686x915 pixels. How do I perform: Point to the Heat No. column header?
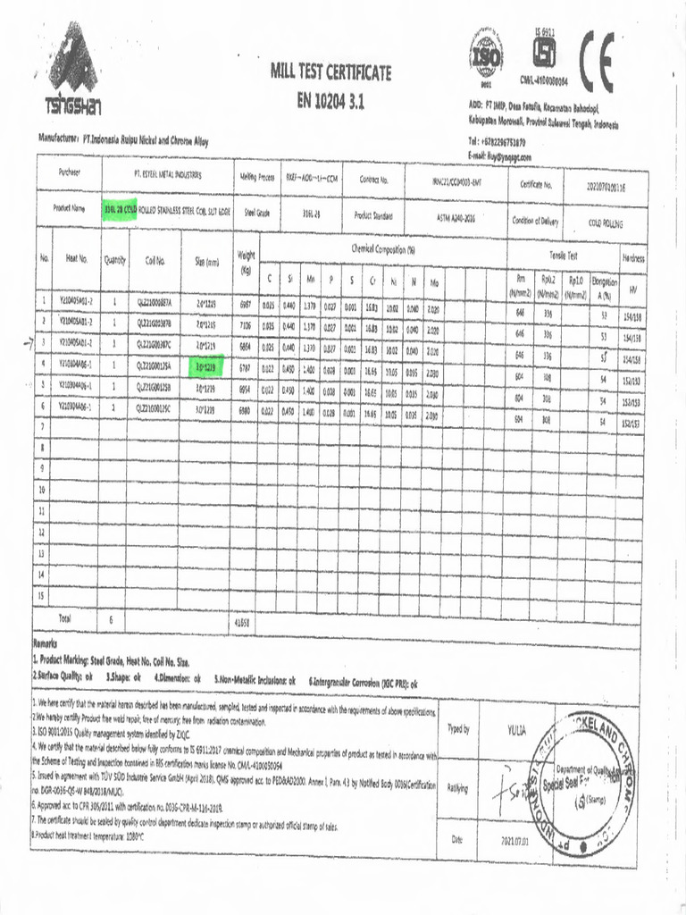pyautogui.click(x=77, y=261)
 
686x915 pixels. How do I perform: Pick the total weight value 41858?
pyautogui.click(x=242, y=620)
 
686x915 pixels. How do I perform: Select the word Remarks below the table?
pyautogui.click(x=46, y=642)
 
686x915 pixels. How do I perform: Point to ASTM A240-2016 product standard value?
pyautogui.click(x=456, y=215)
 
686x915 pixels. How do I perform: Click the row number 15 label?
pyautogui.click(x=40, y=594)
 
